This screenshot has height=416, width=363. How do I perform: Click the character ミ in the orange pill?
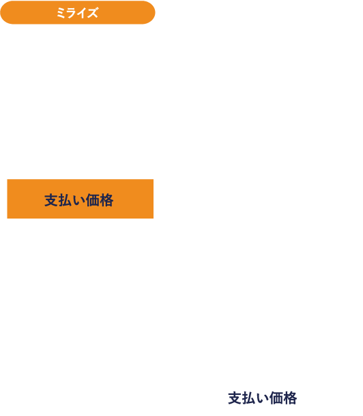tap(61, 13)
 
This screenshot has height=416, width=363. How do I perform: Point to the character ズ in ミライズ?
tap(93, 13)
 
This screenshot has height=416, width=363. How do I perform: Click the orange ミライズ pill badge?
tap(78, 12)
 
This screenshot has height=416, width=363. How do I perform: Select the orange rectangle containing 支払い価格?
tap(81, 199)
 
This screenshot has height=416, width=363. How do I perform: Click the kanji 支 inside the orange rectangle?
tap(51, 200)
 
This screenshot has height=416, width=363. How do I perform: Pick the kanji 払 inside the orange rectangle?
tap(65, 200)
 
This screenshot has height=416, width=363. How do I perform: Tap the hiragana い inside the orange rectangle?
tap(79, 201)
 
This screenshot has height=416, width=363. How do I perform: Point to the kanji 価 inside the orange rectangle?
tap(93, 200)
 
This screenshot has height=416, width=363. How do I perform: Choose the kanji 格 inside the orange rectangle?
tap(106, 200)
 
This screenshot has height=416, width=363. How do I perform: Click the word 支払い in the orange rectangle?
tap(65, 200)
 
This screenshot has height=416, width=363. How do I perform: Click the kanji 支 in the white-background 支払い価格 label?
tap(235, 398)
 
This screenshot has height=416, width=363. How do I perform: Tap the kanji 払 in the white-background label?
tap(248, 398)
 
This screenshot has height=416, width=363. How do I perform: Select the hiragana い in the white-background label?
tap(263, 398)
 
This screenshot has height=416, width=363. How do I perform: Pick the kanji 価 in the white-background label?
tap(276, 398)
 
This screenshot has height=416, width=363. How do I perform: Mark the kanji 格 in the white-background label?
tap(290, 398)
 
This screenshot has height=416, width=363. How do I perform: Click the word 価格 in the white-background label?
tap(283, 398)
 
